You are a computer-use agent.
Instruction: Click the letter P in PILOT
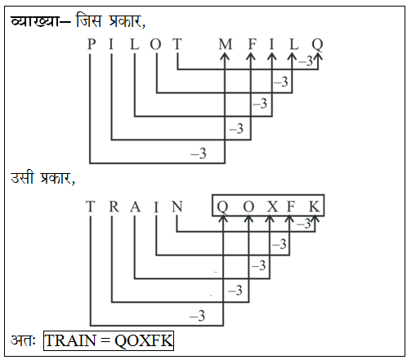coord(92,44)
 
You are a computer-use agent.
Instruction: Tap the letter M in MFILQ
coord(226,44)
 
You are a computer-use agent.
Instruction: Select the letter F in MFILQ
coord(253,44)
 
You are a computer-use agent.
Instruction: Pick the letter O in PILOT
coord(155,44)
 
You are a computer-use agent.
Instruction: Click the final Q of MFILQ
coord(317,45)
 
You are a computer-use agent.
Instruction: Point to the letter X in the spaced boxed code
coord(272,207)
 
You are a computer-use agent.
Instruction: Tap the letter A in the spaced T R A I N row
coord(135,207)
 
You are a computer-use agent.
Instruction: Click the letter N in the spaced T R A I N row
coord(177,207)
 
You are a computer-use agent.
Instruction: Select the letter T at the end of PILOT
coord(177,44)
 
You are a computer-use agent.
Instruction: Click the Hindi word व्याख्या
coord(34,21)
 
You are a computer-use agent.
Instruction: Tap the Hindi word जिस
coord(89,20)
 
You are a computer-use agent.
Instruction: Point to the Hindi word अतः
coord(23,340)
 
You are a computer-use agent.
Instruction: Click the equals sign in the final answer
coord(105,340)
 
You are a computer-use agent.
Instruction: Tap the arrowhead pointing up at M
coord(225,56)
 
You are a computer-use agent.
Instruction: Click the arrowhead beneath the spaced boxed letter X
coord(270,219)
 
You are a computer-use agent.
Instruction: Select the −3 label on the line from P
coord(199,153)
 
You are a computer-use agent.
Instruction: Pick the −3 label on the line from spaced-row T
coord(197,316)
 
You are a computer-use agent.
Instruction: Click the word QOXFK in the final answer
coord(143,340)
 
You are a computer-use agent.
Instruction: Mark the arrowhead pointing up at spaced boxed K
coord(315,219)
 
